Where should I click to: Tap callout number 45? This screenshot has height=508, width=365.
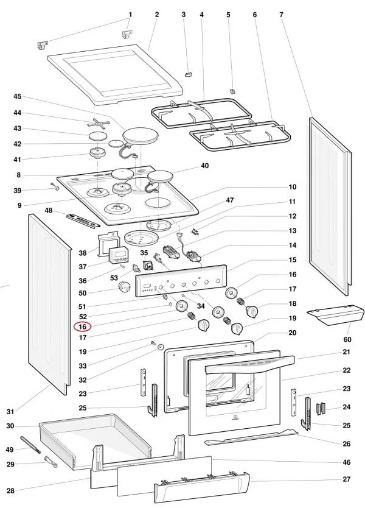pyautogui.click(x=17, y=96)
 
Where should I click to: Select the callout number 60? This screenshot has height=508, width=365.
pyautogui.click(x=347, y=339)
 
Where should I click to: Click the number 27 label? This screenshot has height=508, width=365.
pyautogui.click(x=347, y=479)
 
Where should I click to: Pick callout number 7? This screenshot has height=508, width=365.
pyautogui.click(x=282, y=13)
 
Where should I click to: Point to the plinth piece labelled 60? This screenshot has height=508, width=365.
pyautogui.click(x=336, y=315)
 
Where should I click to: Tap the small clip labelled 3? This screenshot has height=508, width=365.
pyautogui.click(x=188, y=72)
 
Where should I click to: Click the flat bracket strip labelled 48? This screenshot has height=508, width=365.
pyautogui.click(x=83, y=220)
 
